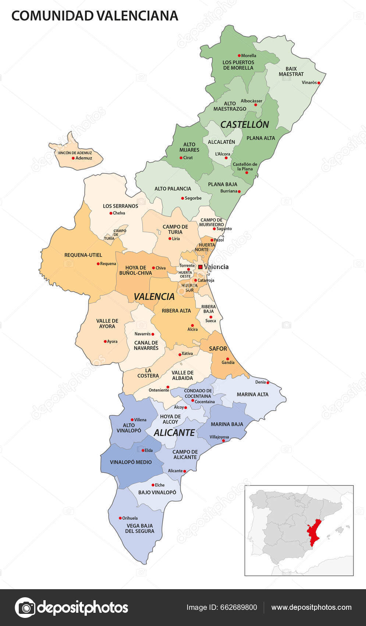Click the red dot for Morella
(x=239, y=56)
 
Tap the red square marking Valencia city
(x=200, y=267)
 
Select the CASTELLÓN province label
(x=245, y=124)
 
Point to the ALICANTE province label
(x=174, y=433)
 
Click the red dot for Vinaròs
(x=319, y=83)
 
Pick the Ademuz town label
(x=84, y=158)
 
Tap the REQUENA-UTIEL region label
(x=83, y=255)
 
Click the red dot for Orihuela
(x=120, y=518)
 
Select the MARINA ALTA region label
(x=252, y=394)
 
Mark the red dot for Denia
(x=268, y=382)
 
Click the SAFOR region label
(x=218, y=348)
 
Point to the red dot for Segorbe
(x=182, y=198)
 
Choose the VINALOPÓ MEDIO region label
(x=131, y=462)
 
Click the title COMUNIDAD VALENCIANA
(x=95, y=15)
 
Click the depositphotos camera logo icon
(x=25, y=607)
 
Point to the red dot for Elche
(x=153, y=485)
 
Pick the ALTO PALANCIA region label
(x=173, y=189)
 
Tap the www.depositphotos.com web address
(x=311, y=607)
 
